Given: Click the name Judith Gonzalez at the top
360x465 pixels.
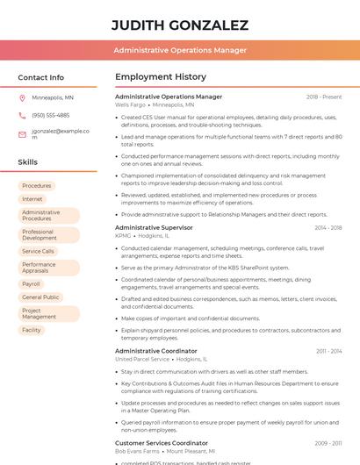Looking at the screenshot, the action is point(180,25).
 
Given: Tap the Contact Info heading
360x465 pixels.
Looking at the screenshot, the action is point(41,77).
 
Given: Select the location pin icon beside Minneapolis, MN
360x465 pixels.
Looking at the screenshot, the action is point(22,97).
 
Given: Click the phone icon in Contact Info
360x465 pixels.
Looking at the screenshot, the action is point(22,115).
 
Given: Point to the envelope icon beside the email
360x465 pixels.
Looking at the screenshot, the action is point(22,134).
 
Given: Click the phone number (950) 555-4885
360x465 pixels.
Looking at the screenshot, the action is point(50,115).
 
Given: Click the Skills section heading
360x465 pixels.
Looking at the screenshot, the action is point(28,162).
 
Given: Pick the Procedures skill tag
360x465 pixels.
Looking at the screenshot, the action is point(37,186).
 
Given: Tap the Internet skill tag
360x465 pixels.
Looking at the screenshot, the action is point(32,199).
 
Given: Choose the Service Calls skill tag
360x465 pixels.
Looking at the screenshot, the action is point(39,251).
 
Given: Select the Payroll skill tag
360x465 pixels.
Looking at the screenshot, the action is point(32,284).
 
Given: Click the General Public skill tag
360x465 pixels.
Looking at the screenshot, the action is point(40,297).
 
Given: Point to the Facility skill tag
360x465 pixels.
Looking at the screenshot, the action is point(32,330).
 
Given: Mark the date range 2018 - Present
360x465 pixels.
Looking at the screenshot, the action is point(324,97).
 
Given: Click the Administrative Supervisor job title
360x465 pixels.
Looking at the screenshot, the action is point(154,227).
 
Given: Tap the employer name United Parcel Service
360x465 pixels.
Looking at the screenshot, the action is point(142,359).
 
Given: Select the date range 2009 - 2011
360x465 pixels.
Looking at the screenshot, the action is point(328,443).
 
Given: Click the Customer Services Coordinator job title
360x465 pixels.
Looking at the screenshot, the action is point(162,443).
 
